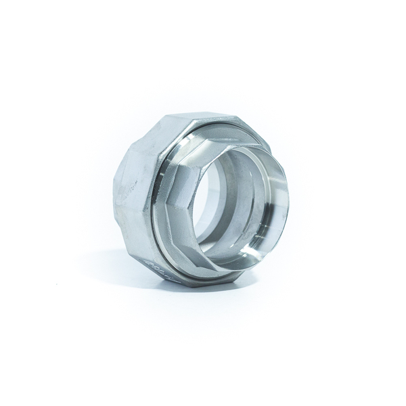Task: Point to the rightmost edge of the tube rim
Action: click(x=288, y=203)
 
